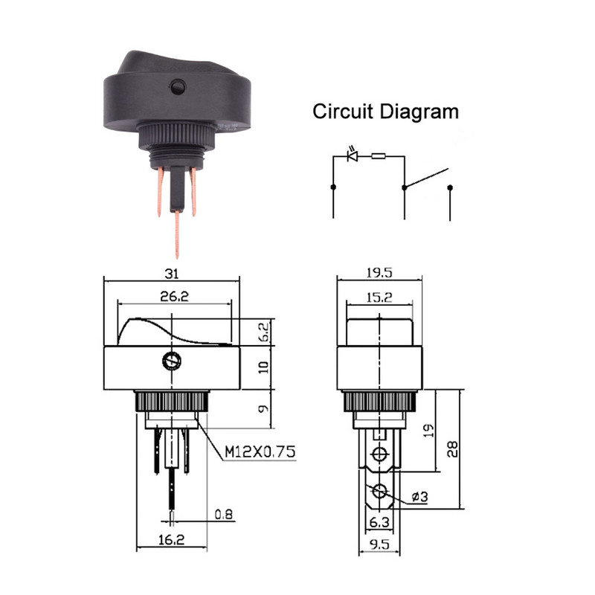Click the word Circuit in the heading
pos(343,112)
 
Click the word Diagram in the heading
pos(419,112)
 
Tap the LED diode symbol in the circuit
pos(353,155)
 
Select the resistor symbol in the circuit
pos(379,155)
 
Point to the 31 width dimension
pos(172,274)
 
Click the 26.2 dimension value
pos(174,296)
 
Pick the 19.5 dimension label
pos(379,272)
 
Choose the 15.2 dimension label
pos(379,297)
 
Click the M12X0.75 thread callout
pos(260,451)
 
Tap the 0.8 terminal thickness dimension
pos(224,514)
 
